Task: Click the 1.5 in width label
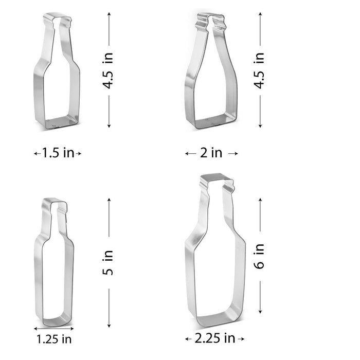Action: point(58,153)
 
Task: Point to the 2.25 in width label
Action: point(214,338)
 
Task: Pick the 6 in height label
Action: point(260,256)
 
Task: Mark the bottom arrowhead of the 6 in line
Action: point(260,312)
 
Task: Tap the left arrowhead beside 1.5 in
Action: point(36,153)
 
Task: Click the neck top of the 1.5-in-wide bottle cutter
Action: point(57,20)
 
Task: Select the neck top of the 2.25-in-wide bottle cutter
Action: point(217,181)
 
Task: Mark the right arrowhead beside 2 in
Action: point(236,153)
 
